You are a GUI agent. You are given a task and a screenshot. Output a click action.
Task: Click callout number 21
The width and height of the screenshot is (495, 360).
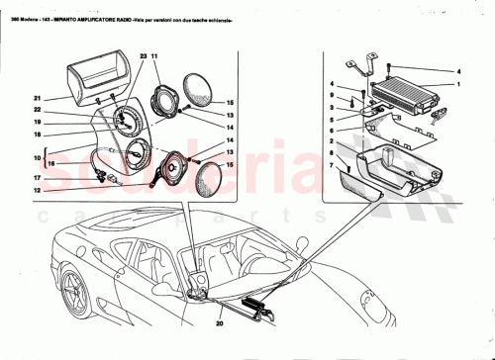coord(37,98)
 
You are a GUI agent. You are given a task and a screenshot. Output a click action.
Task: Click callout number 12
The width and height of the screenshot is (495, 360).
coord(37,189)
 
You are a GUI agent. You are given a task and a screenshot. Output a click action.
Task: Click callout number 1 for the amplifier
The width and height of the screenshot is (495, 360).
coord(458,84)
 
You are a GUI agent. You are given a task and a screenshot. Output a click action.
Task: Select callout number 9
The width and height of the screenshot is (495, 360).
coord(332,96)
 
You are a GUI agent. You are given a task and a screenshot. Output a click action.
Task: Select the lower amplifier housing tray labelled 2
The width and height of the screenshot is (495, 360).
coord(396,168)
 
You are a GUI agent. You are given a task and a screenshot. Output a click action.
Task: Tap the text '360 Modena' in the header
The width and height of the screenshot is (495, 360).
coord(21,8)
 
